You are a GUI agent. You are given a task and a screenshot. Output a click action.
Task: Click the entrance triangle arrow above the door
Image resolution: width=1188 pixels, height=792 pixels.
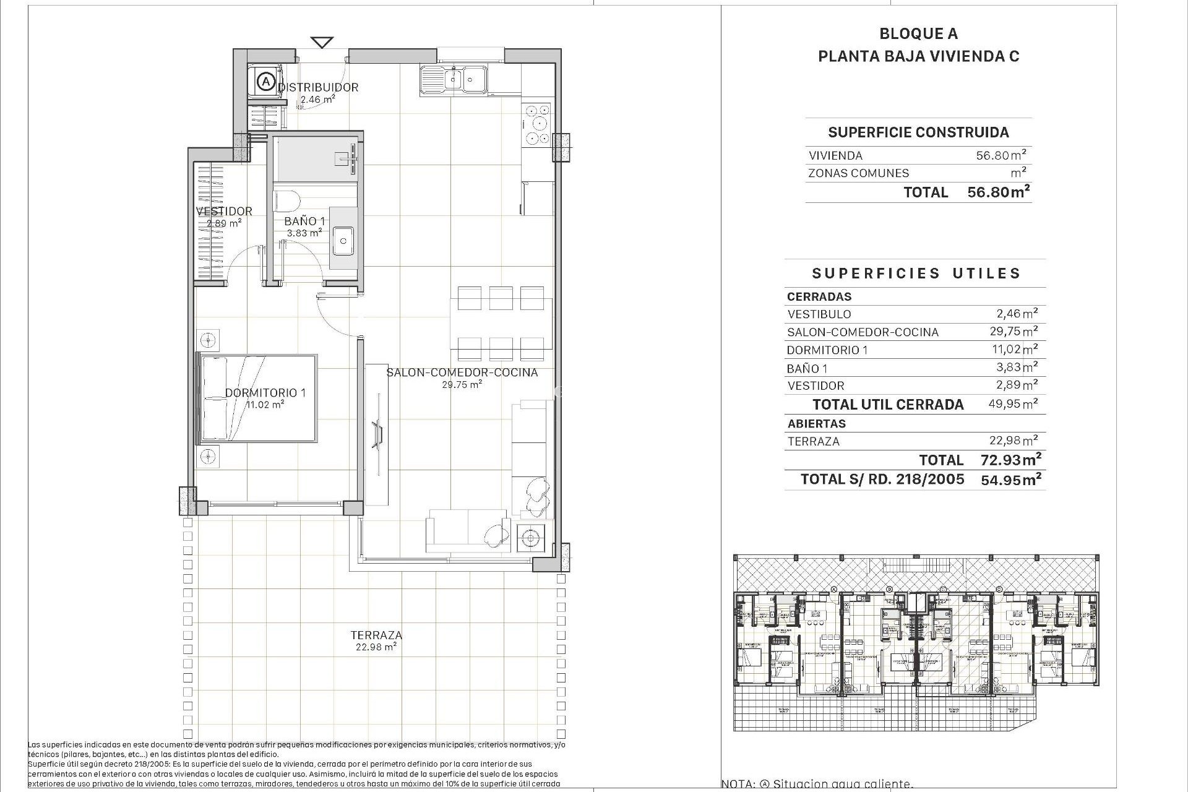[322, 42]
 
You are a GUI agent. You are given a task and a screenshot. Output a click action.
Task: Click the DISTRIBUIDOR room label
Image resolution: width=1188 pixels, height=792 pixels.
[318, 87]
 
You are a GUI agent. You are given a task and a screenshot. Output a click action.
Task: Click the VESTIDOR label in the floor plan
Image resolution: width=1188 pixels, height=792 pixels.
[224, 211]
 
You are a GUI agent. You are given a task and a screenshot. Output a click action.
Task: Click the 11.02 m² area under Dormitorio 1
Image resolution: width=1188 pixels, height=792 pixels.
[265, 405]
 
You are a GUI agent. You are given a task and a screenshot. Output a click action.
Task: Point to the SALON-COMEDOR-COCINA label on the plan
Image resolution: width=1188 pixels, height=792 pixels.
[462, 372]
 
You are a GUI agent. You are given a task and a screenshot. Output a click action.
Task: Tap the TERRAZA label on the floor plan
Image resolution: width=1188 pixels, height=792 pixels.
[376, 635]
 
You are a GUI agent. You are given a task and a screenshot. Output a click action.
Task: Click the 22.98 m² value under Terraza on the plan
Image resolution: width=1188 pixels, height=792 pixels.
[376, 647]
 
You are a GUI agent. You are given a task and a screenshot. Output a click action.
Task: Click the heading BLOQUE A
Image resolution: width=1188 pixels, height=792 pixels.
[918, 34]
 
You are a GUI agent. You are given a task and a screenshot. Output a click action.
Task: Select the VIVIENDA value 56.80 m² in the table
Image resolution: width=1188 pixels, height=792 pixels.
[1001, 155]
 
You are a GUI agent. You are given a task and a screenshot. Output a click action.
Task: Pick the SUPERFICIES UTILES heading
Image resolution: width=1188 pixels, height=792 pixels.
[916, 273]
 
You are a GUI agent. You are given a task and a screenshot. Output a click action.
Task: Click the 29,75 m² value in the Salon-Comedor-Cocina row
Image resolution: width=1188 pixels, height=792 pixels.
[1014, 331]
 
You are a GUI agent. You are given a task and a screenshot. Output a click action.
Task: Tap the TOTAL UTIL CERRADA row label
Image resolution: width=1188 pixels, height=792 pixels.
[888, 405]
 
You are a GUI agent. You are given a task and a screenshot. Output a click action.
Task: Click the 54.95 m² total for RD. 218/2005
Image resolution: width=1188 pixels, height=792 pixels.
[1011, 480]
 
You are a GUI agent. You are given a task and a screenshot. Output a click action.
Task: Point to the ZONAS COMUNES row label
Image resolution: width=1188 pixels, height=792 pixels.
[858, 173]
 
